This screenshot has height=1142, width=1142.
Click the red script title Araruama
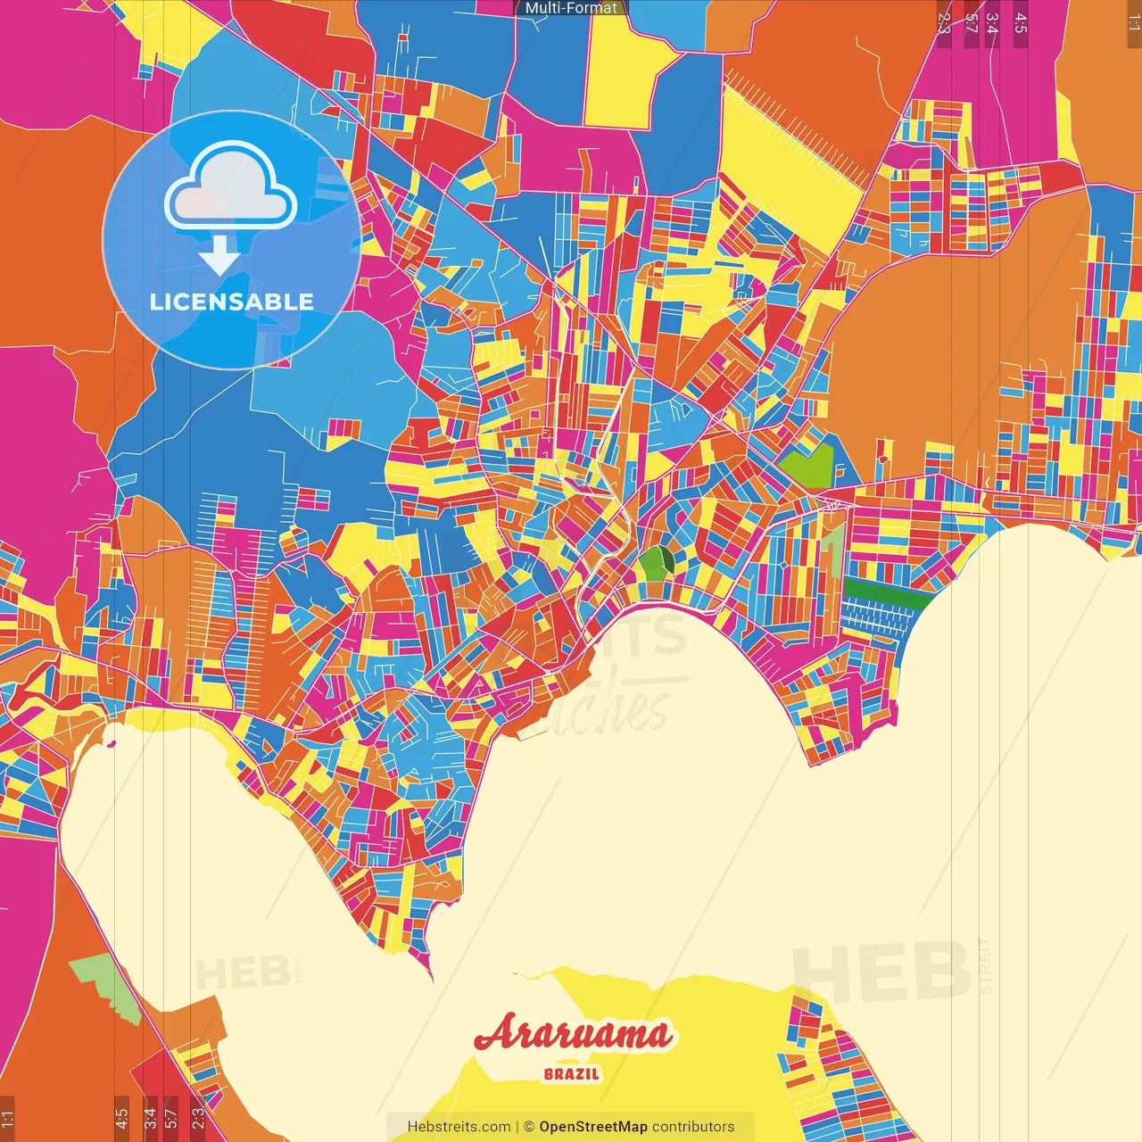click(x=572, y=1034)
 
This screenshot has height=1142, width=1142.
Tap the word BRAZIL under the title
click(x=572, y=1074)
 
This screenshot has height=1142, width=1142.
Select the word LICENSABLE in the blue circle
click(x=232, y=302)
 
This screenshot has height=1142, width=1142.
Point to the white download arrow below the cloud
click(x=219, y=255)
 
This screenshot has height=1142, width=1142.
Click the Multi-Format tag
click(x=571, y=8)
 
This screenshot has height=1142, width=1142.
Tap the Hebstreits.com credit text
click(x=459, y=1127)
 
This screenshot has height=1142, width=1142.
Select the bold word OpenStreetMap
click(x=593, y=1127)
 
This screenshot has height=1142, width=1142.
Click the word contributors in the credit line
click(x=693, y=1127)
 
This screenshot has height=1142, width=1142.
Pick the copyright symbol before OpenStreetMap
click(x=528, y=1127)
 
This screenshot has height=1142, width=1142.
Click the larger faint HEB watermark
click(x=881, y=970)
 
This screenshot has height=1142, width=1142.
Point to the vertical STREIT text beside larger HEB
click(x=985, y=966)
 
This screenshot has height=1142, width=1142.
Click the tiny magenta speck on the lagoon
click(x=112, y=742)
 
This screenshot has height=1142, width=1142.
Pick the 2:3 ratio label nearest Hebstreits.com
click(x=197, y=1115)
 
